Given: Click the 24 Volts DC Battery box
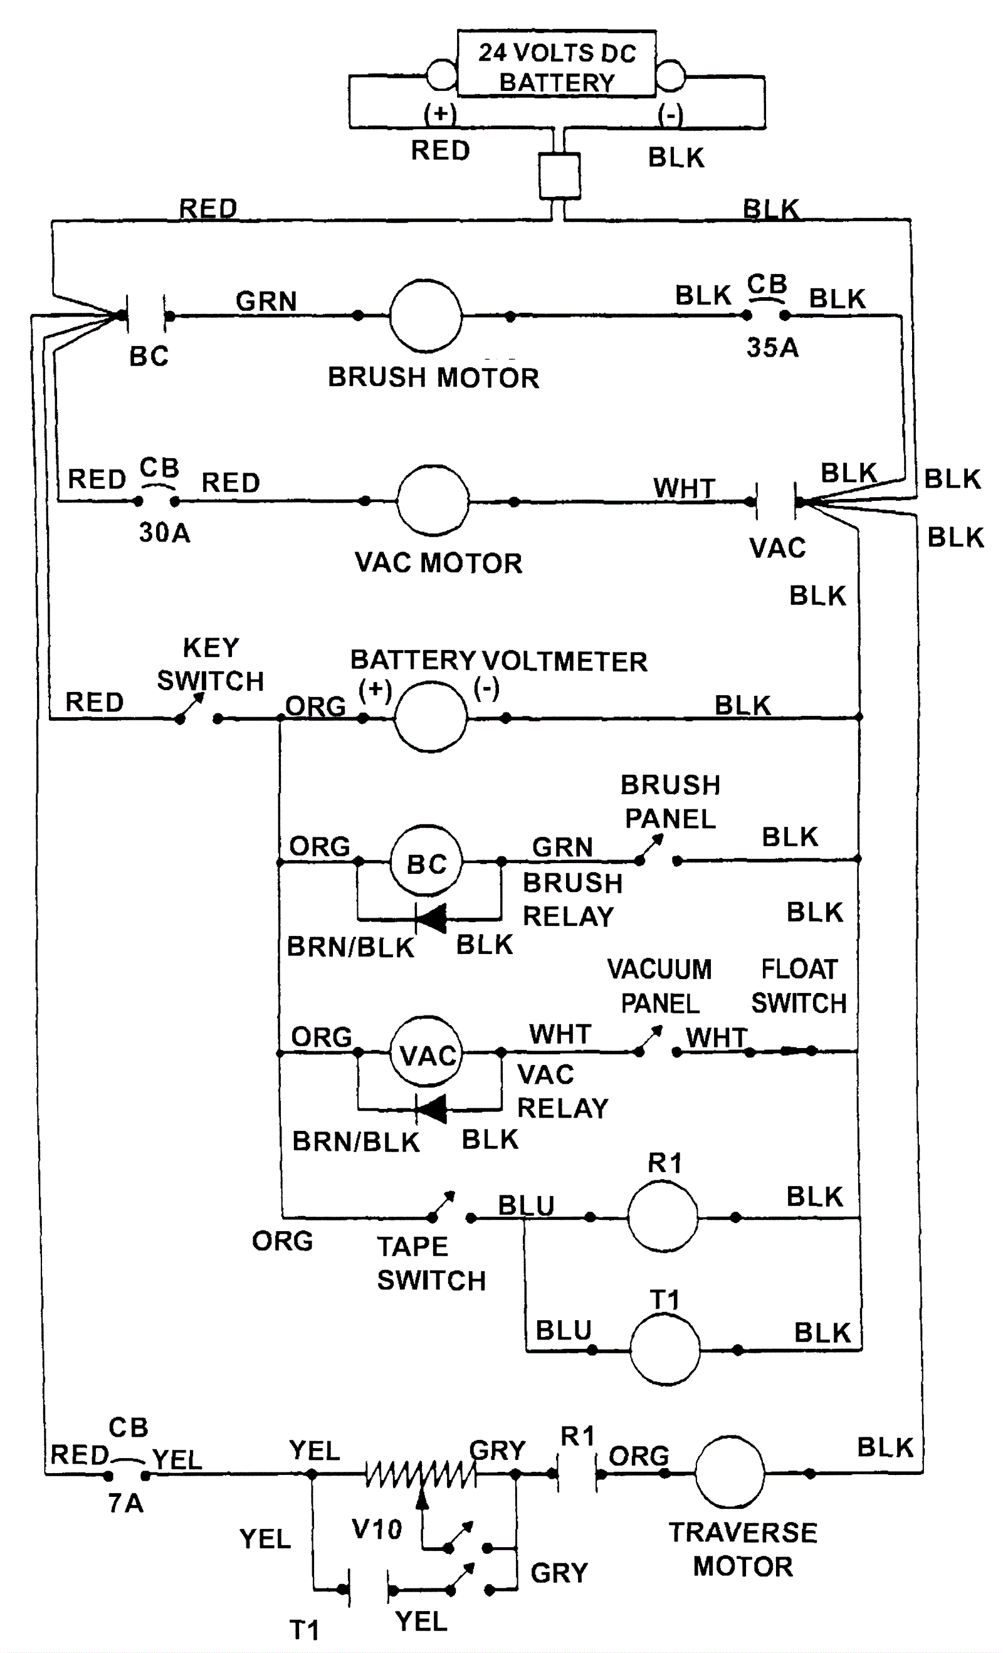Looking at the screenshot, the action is click(556, 65).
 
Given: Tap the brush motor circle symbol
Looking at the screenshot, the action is click(426, 316).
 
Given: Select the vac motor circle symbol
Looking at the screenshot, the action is click(433, 500).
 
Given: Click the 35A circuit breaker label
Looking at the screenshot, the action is click(772, 347).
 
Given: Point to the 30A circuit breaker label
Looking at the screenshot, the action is click(164, 533).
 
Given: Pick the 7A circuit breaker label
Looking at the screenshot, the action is click(126, 1503).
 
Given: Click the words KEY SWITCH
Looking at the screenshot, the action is click(211, 664).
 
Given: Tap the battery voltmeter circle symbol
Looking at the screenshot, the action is click(431, 716).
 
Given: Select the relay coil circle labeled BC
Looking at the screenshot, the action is click(427, 861).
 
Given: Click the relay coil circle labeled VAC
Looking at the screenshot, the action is click(428, 1052).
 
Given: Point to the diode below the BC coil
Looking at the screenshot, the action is click(431, 918).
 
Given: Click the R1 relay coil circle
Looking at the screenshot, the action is click(663, 1216).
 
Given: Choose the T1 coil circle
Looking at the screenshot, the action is click(665, 1349).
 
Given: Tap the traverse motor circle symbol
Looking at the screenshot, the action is click(729, 1473).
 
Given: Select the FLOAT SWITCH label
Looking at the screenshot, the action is click(799, 986).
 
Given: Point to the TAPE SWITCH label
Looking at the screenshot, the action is click(431, 1263).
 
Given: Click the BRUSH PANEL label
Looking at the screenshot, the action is click(670, 802).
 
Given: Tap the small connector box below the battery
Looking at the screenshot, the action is click(560, 176).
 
